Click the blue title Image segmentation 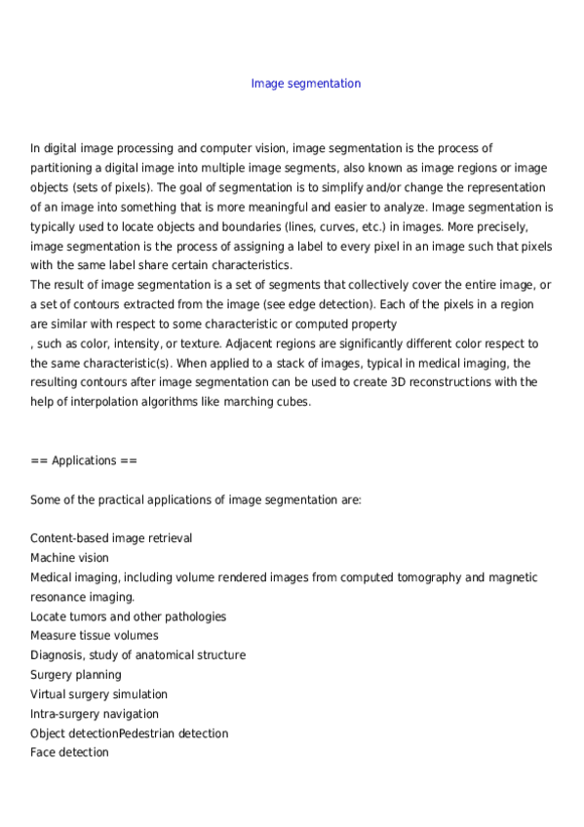tap(306, 84)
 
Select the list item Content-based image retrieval tap(111, 538)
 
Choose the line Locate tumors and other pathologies tap(129, 616)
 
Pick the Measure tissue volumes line tap(95, 636)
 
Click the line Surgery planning tap(76, 675)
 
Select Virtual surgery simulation tap(99, 694)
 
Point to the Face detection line tap(70, 753)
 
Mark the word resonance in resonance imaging tap(59, 597)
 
